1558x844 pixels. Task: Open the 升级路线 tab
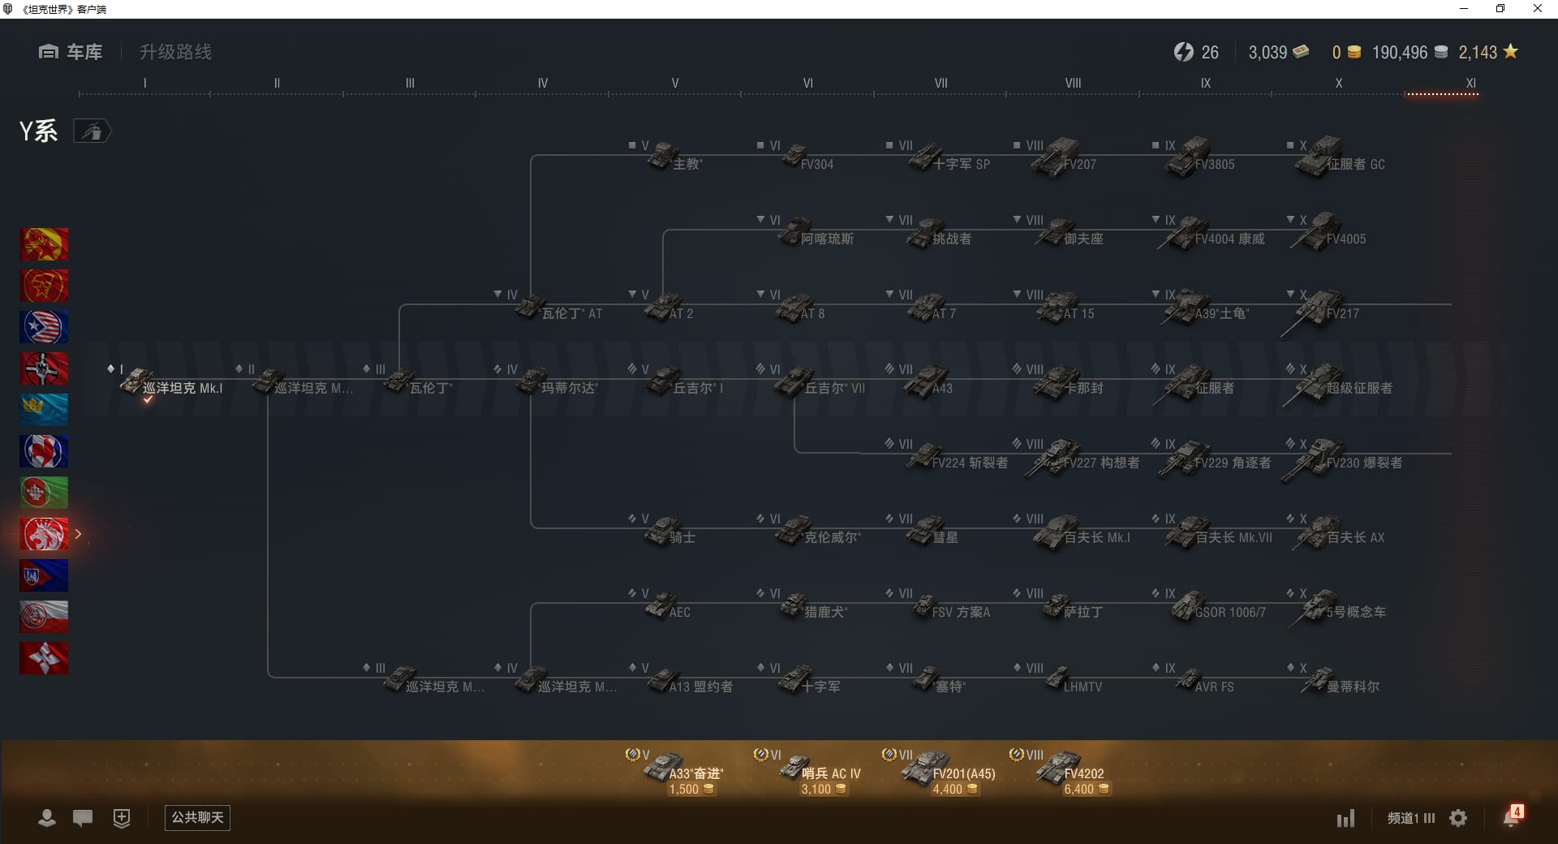[x=175, y=52]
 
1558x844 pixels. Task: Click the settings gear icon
[x=1458, y=818]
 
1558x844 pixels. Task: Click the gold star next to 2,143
[x=1510, y=52]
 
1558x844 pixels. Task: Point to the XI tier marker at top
[x=1470, y=83]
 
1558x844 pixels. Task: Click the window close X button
[x=1537, y=9]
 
